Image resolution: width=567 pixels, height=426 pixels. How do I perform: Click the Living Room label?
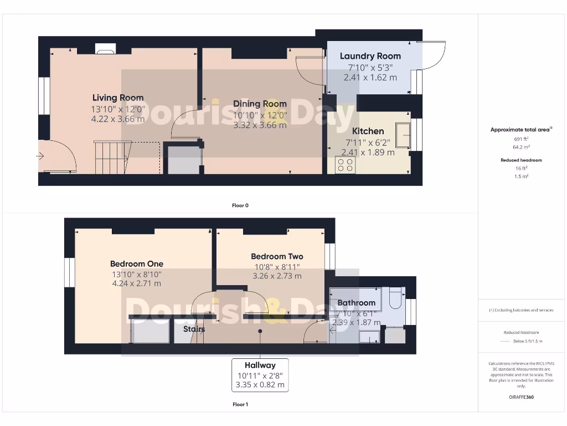(118, 98)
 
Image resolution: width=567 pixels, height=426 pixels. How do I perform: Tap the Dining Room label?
(260, 104)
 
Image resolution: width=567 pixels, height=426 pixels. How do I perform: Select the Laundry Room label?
(370, 56)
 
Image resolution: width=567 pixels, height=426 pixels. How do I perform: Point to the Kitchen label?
(368, 131)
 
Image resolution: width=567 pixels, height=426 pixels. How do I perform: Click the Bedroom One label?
(136, 264)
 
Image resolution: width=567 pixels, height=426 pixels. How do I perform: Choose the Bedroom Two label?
(277, 256)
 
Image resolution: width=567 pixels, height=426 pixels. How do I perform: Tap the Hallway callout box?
(260, 375)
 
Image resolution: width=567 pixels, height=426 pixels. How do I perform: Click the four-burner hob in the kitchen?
(346, 165)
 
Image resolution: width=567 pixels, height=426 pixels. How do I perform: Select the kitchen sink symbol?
(403, 135)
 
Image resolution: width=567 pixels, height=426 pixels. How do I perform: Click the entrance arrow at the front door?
(40, 156)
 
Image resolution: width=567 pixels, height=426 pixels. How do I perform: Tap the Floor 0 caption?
(240, 205)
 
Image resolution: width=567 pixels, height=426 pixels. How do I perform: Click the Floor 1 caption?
(240, 404)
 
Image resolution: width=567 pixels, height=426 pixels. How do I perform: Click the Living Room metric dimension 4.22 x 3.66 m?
(118, 119)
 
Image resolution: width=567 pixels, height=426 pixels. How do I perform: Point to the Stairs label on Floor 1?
(194, 329)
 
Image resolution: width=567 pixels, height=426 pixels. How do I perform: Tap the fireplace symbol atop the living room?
(105, 49)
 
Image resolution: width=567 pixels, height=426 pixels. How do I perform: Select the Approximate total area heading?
(519, 130)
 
